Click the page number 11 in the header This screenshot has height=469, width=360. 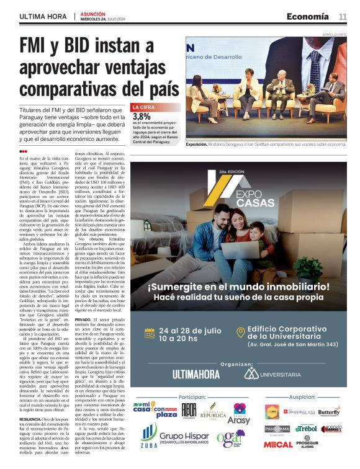click(342, 16)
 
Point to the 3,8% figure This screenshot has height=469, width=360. click(141, 116)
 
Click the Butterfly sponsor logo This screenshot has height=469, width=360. click(329, 411)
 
